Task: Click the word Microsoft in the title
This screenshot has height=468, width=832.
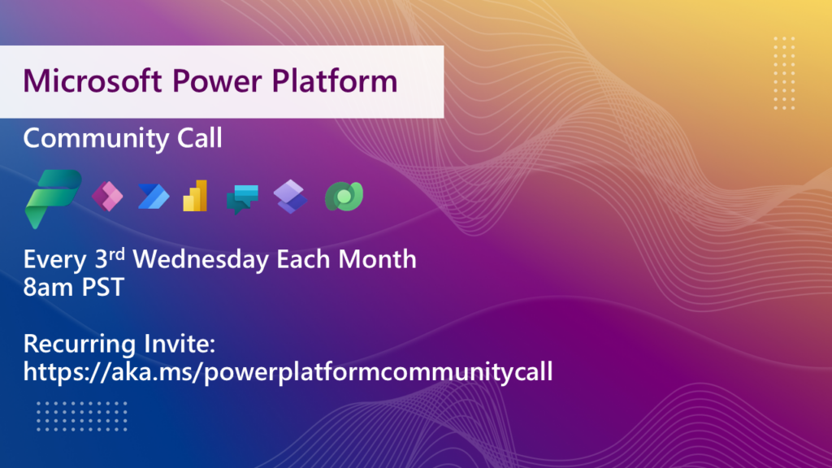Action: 93,80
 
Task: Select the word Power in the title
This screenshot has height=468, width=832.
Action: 216,80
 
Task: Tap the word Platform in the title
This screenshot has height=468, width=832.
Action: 334,80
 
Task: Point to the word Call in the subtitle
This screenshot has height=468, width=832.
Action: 200,138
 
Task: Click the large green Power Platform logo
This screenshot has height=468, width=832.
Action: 53,199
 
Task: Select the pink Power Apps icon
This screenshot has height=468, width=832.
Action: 107,197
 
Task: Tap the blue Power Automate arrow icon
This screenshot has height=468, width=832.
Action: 154,197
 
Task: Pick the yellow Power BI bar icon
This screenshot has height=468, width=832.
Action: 195,196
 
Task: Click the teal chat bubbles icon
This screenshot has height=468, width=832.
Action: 242,199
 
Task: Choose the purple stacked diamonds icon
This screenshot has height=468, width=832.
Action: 290,197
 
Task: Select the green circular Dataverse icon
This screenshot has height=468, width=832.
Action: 344,197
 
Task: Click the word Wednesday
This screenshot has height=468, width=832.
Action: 201,259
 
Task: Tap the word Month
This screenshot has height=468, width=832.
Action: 377,259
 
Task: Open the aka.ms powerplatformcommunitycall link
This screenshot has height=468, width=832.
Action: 288,372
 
